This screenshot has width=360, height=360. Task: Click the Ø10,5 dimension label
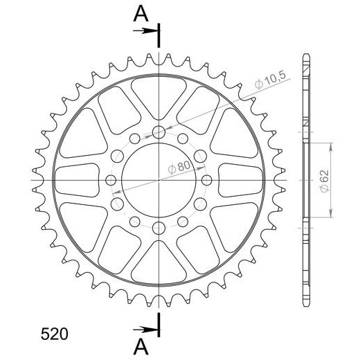click(271, 80)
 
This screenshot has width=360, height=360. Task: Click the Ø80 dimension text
click(179, 167)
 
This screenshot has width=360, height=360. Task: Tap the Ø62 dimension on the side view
click(325, 181)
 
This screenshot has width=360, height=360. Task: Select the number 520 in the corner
click(55, 334)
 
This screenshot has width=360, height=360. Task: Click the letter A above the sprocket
click(141, 14)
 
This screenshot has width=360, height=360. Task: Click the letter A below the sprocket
click(141, 348)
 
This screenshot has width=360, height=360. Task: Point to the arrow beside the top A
click(145, 30)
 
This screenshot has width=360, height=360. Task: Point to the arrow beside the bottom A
click(145, 330)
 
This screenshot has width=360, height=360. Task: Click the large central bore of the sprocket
click(159, 180)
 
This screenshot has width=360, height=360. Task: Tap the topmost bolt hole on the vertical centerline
click(159, 132)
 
